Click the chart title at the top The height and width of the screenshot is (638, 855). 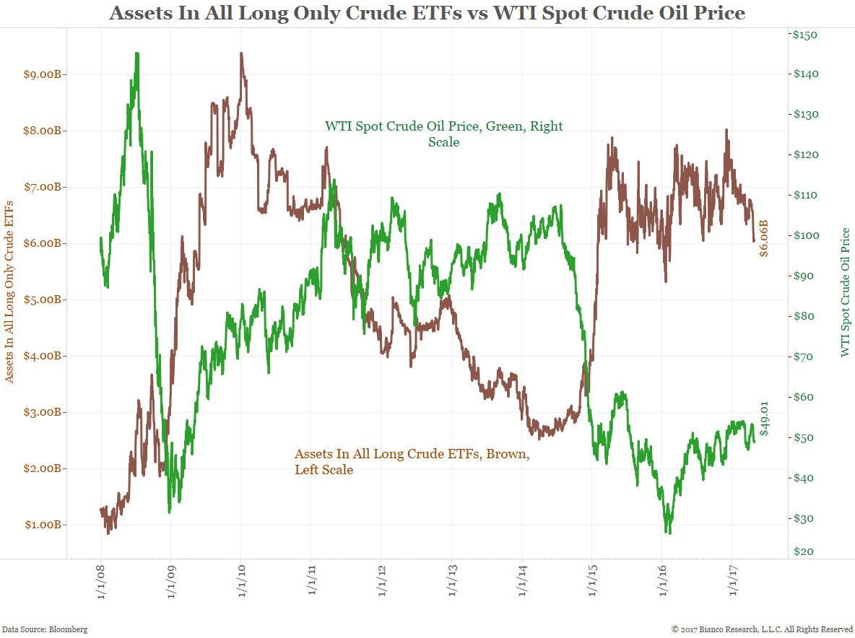pyautogui.click(x=427, y=13)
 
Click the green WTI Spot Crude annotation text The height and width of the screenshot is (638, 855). pyautogui.click(x=443, y=134)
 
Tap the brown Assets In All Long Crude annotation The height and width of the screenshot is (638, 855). pyautogui.click(x=412, y=462)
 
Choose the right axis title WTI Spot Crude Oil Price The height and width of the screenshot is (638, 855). pyautogui.click(x=846, y=292)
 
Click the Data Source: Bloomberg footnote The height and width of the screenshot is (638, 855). pyautogui.click(x=45, y=629)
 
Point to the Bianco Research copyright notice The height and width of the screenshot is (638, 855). pyautogui.click(x=762, y=629)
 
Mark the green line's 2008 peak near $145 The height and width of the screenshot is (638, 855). pyautogui.click(x=136, y=54)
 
